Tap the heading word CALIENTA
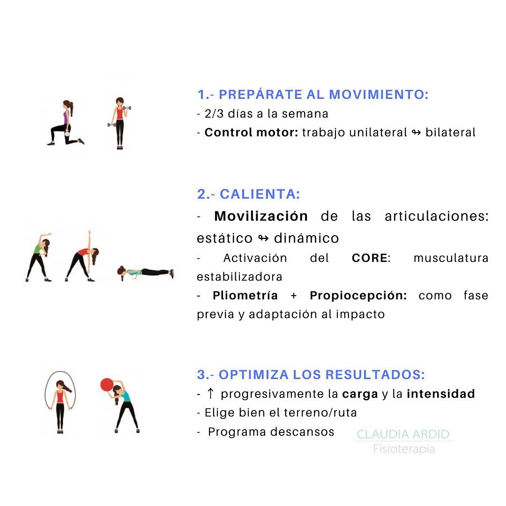tap(260, 194)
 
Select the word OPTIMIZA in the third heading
tap(253, 375)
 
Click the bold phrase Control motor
tap(252, 132)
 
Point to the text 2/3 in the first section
tap(214, 113)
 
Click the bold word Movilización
tap(261, 216)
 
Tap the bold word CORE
tap(370, 258)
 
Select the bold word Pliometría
tap(245, 296)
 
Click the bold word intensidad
tap(441, 394)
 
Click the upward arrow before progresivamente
tap(210, 394)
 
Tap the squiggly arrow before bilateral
tap(417, 133)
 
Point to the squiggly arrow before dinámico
tap(263, 238)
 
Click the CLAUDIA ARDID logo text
tap(403, 434)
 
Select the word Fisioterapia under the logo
tap(404, 449)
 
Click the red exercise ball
tap(107, 385)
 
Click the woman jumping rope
tap(60, 402)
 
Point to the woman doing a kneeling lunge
tap(66, 123)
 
